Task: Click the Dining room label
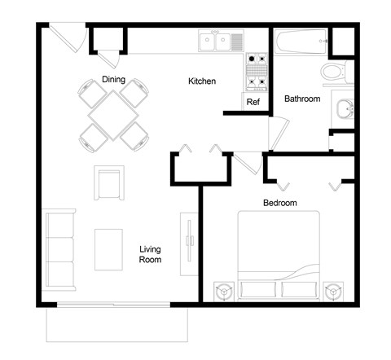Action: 112,79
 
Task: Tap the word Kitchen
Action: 202,81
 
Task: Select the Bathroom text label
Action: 301,99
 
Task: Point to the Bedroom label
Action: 279,202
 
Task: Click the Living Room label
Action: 150,255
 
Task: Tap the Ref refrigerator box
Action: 253,102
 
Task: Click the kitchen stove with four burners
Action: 257,72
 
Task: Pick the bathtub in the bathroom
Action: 302,41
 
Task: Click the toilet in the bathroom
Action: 335,72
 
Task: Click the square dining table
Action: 114,113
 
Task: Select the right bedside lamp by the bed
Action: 332,289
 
